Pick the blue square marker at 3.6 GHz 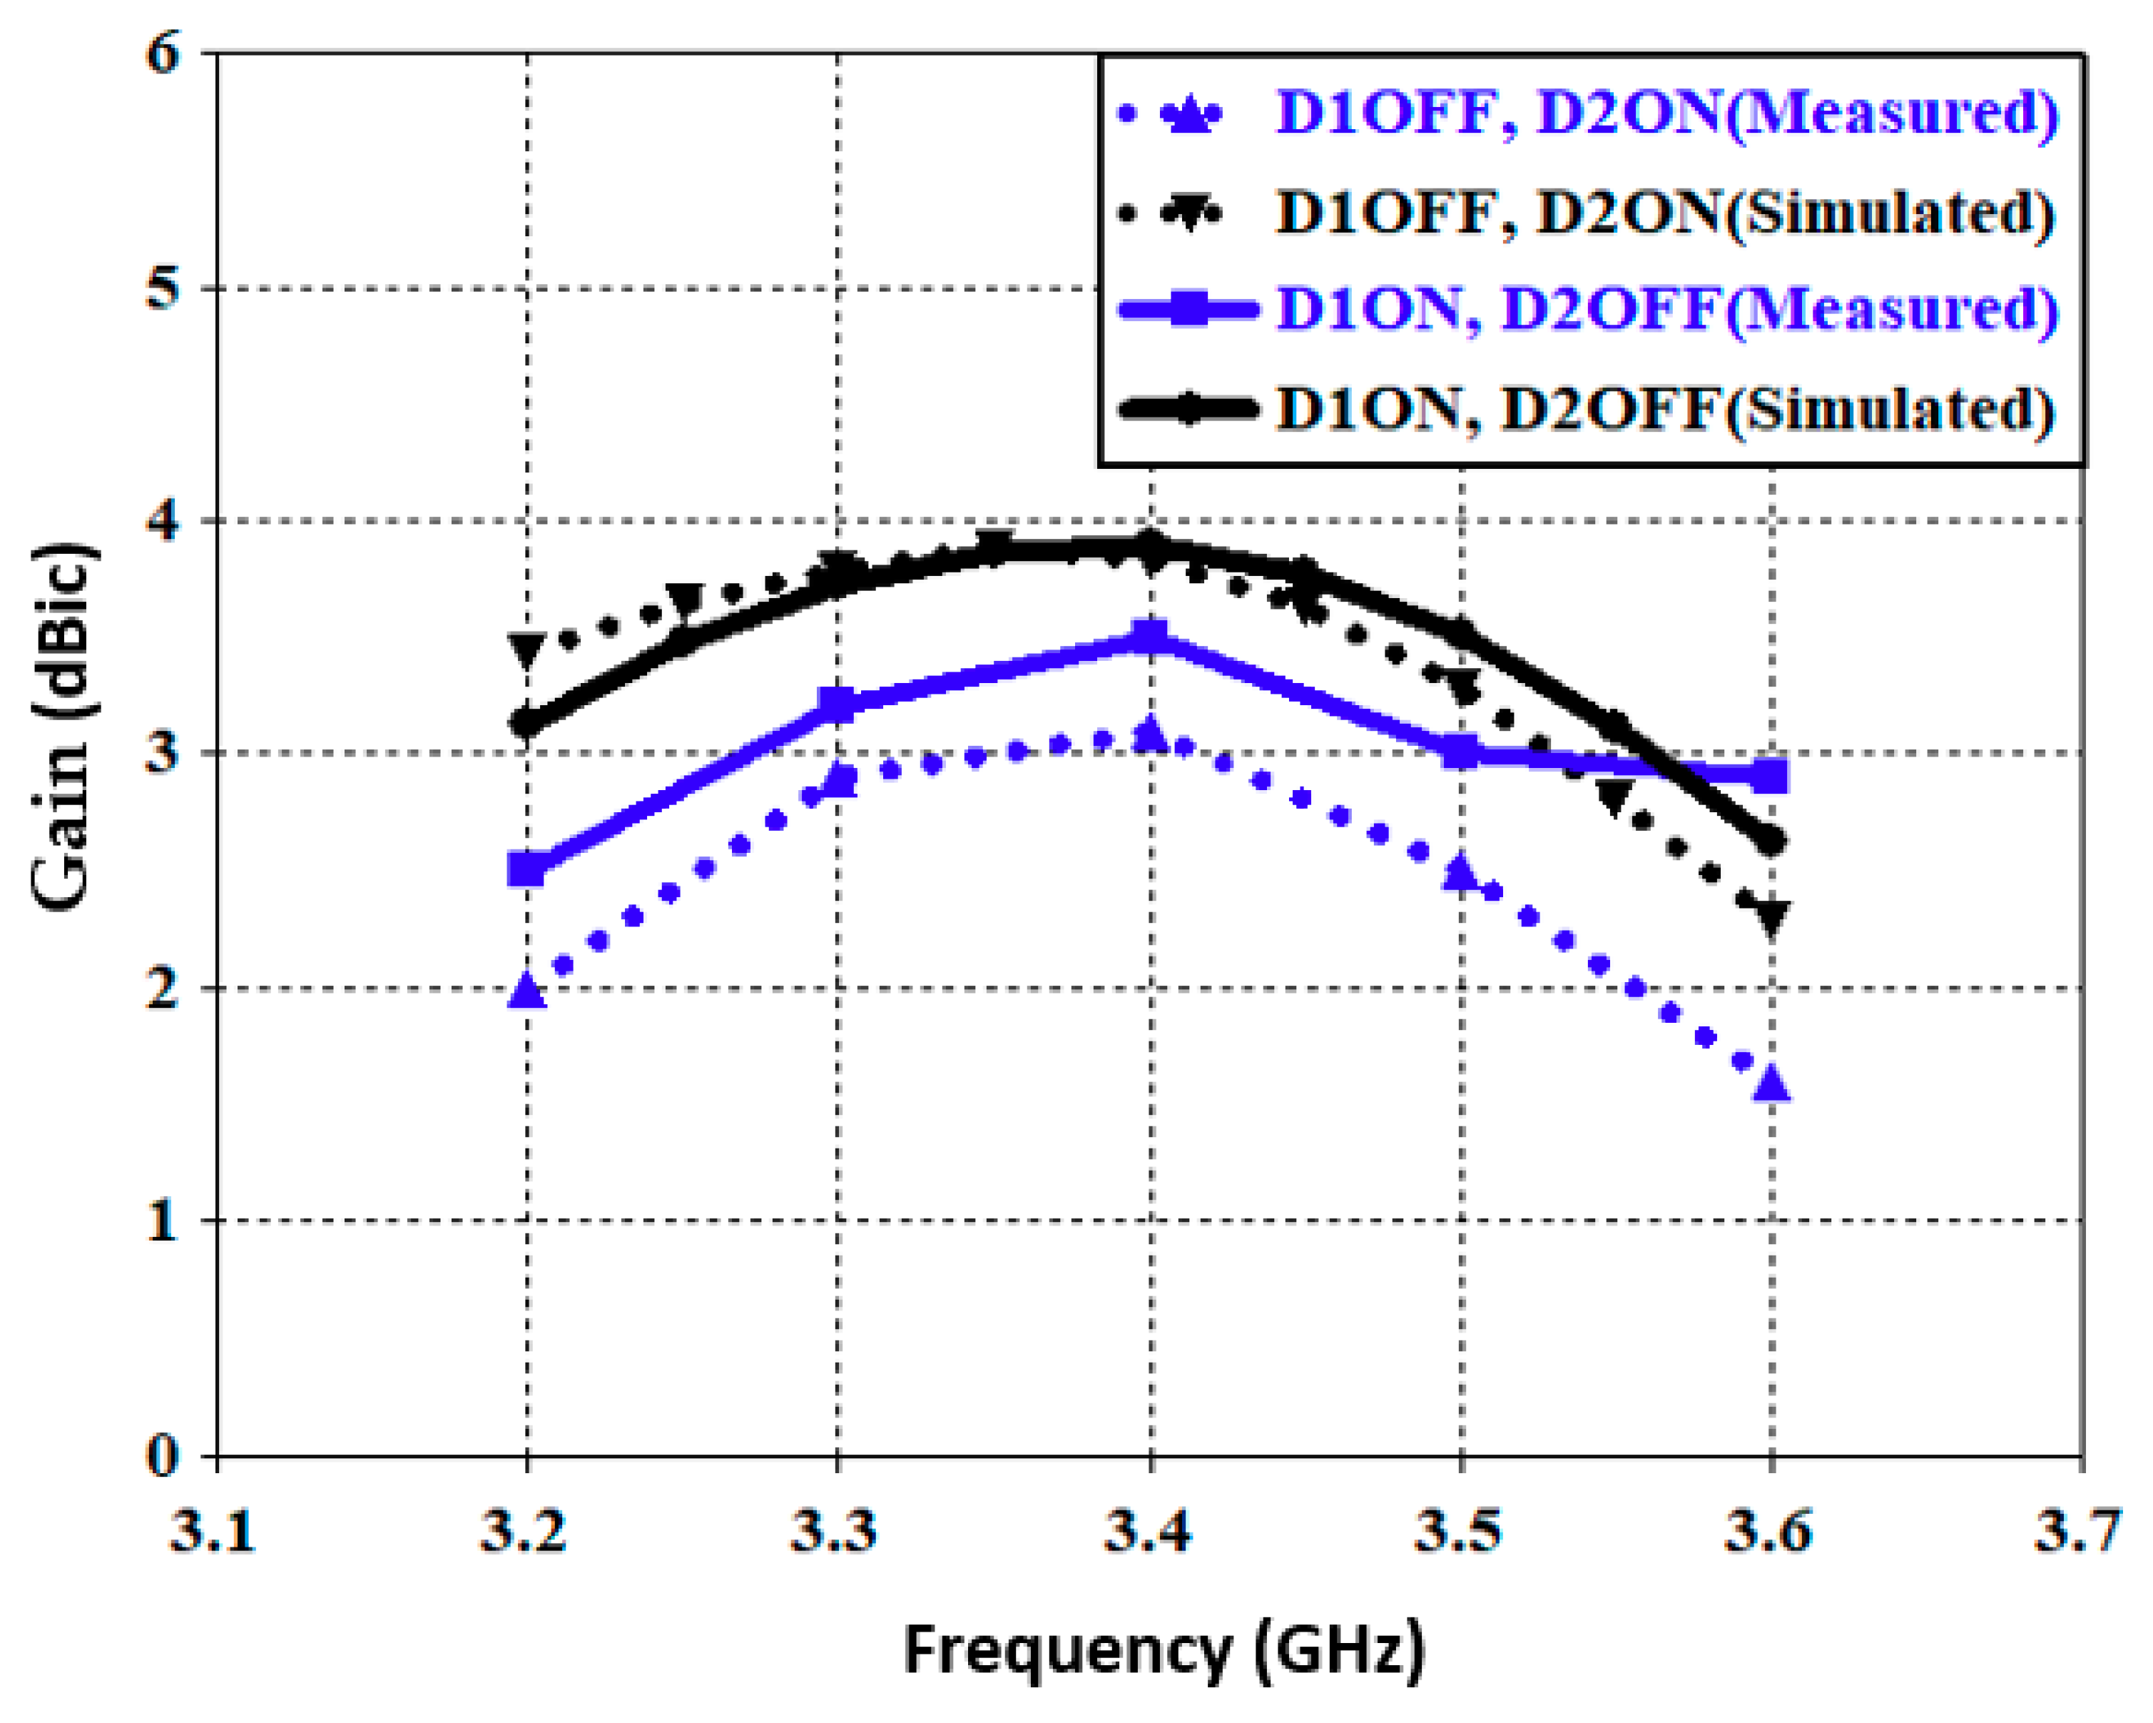(1771, 776)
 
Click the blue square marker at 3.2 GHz (527, 869)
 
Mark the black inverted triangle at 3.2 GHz (527, 650)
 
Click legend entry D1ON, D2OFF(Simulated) (1666, 408)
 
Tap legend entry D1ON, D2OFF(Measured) (1666, 310)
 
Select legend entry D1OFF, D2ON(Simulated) (1666, 213)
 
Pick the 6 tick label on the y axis (163, 53)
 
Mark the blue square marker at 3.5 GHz (1461, 752)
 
